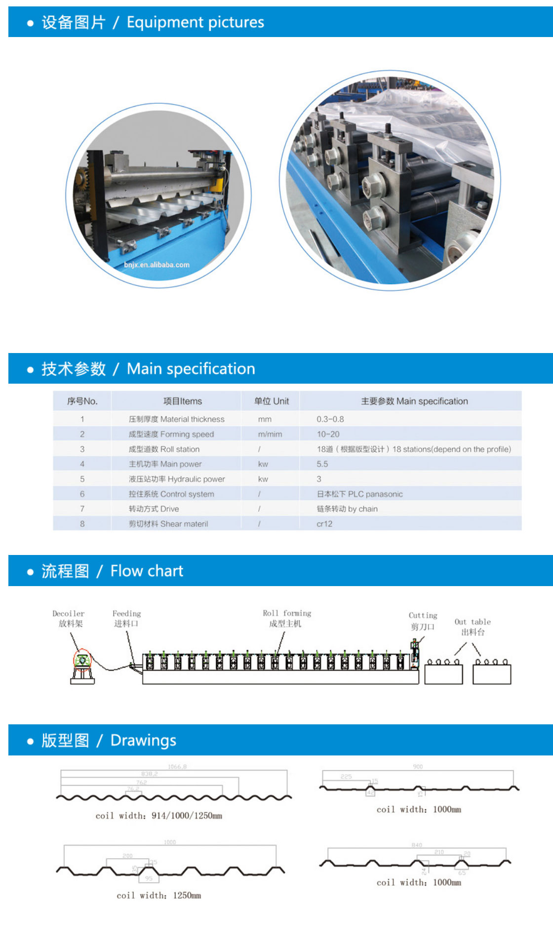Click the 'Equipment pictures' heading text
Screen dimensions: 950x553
[x=195, y=22]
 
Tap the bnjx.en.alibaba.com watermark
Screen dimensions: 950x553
[x=157, y=265]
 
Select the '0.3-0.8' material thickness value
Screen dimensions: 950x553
[x=330, y=419]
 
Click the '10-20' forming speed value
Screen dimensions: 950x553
[x=328, y=434]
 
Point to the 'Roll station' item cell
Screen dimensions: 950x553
[x=164, y=449]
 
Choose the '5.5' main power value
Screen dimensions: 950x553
[x=322, y=464]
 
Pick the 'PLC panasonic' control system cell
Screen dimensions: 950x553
[x=359, y=494]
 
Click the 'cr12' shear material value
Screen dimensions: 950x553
[x=324, y=524]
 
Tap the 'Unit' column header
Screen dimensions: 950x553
[x=272, y=401]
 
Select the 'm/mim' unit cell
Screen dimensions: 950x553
[x=270, y=434]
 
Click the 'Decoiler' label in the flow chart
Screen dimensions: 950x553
[x=69, y=614]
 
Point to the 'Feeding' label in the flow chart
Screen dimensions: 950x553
[x=126, y=614]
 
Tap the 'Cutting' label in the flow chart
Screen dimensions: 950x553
[x=423, y=616]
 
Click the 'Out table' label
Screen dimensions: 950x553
[x=473, y=622]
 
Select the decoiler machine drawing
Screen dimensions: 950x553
[x=82, y=667]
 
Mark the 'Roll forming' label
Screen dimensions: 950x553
[x=287, y=613]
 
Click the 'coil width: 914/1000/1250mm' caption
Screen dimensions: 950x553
[x=158, y=816]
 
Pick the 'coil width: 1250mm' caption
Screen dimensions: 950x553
[x=158, y=895]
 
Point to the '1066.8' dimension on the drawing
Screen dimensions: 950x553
[x=177, y=767]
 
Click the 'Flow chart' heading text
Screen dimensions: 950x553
[x=147, y=571]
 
